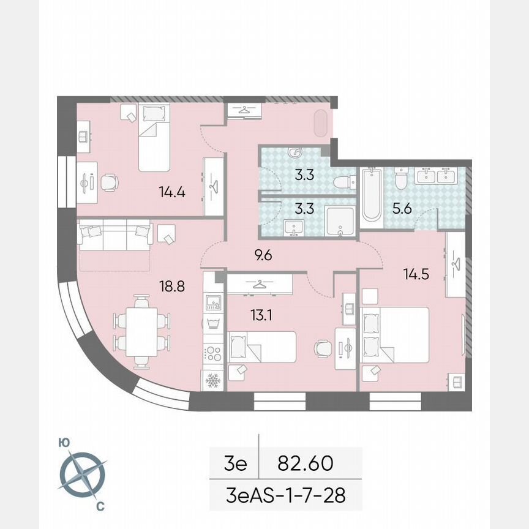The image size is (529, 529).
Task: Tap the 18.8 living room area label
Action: tap(171, 284)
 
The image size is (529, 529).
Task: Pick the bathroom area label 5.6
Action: tap(401, 209)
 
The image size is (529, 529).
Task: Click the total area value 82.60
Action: tap(305, 463)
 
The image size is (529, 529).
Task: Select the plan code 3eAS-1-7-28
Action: tap(286, 494)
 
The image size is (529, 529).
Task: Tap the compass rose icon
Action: tap(82, 475)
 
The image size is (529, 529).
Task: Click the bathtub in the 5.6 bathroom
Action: tap(371, 195)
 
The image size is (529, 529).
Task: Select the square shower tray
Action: tap(339, 220)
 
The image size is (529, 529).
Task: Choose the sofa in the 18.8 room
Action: tap(114, 236)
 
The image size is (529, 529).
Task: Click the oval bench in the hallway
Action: tap(322, 124)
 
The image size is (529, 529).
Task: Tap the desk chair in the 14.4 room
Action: tap(110, 182)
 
